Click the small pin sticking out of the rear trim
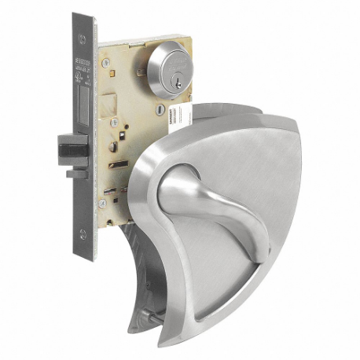point(141,319)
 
